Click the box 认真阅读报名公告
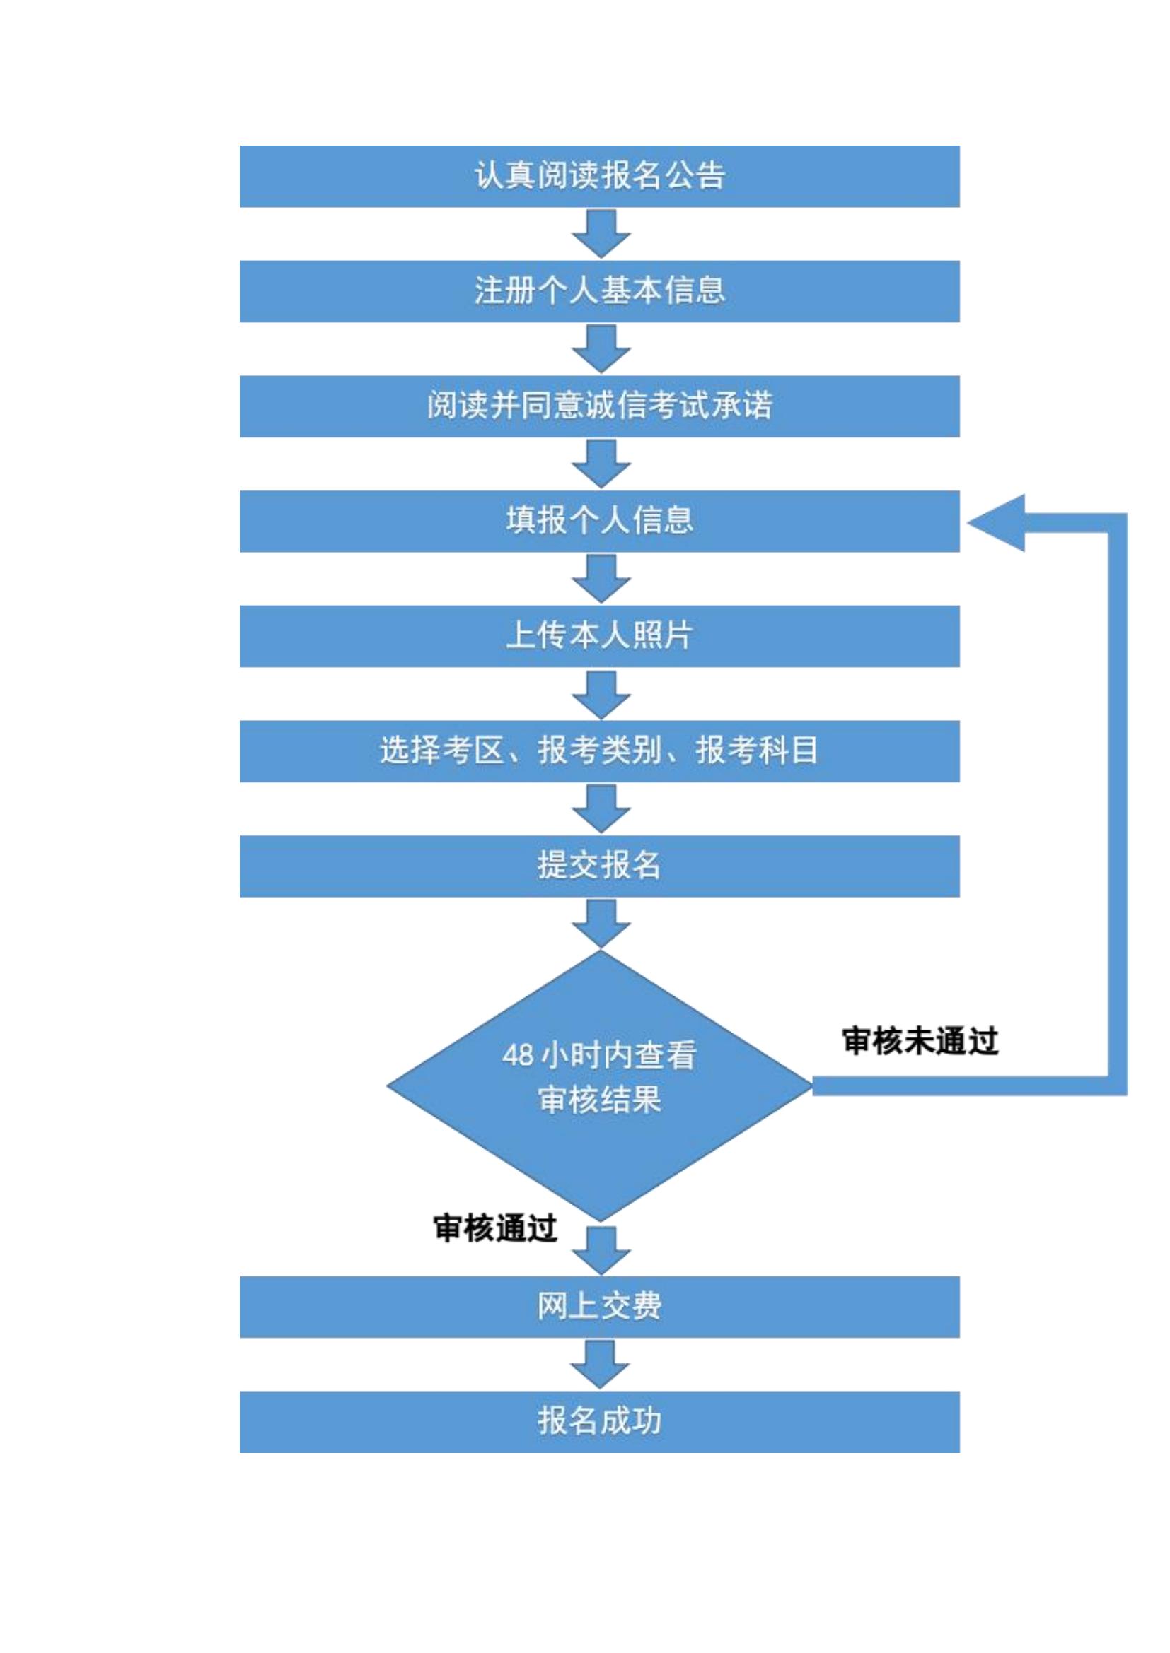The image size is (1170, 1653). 599,177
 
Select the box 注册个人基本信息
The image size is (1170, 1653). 599,291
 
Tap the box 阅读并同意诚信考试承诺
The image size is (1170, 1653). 599,406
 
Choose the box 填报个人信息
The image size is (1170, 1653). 599,522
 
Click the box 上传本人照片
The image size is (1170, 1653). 599,636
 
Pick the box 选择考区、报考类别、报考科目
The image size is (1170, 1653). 599,751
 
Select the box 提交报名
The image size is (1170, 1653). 599,866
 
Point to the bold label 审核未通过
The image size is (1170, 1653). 920,1041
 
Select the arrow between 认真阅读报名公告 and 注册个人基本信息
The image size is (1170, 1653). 601,233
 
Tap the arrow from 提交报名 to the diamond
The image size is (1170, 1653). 601,923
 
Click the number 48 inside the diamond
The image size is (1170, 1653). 518,1056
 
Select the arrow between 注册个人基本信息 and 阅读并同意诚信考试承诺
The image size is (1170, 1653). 601,348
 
